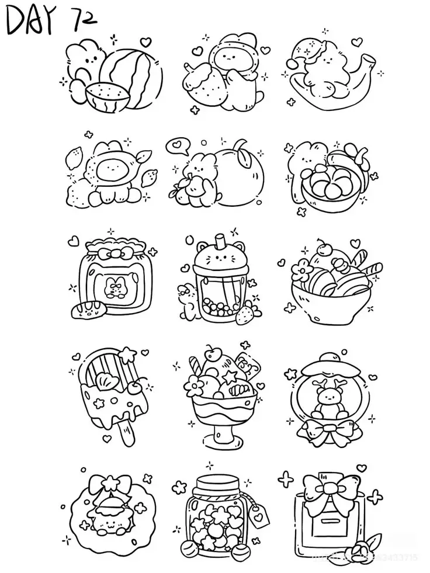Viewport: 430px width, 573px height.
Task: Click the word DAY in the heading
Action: point(29,22)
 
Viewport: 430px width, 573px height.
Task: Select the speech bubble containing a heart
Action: point(176,146)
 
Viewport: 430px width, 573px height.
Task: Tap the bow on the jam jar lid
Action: point(114,254)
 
